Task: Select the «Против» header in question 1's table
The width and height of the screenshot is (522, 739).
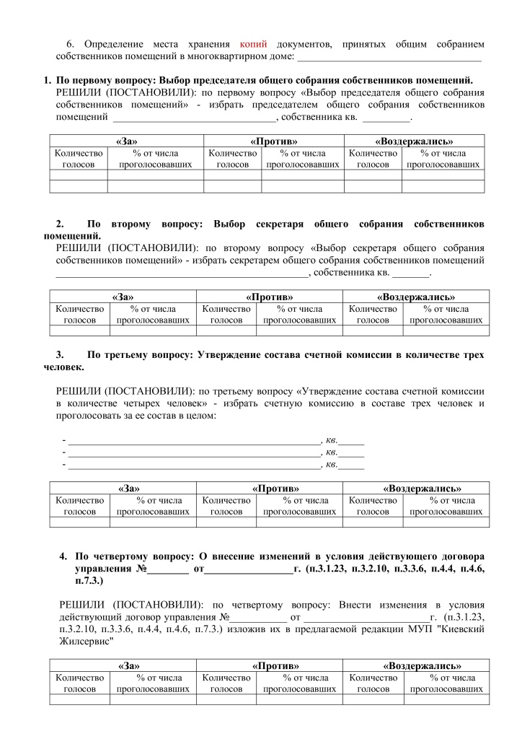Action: coord(273,141)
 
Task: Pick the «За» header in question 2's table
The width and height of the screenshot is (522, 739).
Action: coord(123,297)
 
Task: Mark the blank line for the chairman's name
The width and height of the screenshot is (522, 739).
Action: coord(194,118)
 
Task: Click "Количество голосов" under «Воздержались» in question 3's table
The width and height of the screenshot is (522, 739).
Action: coord(373,506)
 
